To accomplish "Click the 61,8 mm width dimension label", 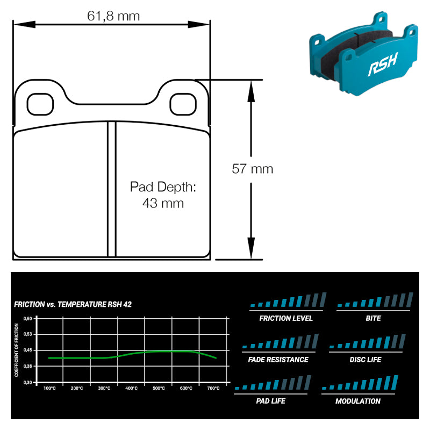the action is tap(113, 16).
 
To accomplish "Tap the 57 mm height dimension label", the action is tap(252, 169).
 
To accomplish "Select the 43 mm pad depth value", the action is tap(163, 203).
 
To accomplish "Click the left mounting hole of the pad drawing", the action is tap(40, 104).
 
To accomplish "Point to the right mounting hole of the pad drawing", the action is tap(183, 104).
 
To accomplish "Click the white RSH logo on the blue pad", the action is tap(383, 64).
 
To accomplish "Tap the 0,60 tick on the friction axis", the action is tap(28, 318).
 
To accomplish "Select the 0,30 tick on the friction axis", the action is tap(28, 382).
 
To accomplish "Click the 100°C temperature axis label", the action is tap(49, 388).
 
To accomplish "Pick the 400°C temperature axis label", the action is tap(131, 388).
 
